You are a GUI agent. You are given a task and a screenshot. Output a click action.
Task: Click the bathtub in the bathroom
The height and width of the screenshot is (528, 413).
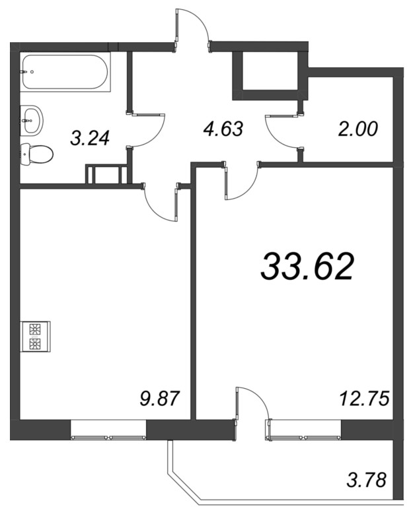click(x=65, y=72)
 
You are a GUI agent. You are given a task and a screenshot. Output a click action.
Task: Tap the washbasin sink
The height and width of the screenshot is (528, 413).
click(x=32, y=120)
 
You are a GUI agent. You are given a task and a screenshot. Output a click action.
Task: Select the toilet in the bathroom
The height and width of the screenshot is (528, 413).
click(x=37, y=155)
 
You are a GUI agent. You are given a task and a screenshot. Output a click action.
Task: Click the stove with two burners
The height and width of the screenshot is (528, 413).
click(x=36, y=337)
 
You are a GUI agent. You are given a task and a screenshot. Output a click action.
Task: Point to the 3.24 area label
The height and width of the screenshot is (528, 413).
click(x=90, y=138)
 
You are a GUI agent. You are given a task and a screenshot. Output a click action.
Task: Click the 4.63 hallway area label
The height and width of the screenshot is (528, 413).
click(x=223, y=129)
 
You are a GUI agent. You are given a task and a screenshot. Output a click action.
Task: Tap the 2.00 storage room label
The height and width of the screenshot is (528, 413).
click(x=358, y=129)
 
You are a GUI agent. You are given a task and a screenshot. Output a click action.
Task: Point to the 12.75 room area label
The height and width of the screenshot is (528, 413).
click(x=365, y=399)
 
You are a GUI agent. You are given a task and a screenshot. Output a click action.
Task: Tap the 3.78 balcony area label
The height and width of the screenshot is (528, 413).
click(x=366, y=480)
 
